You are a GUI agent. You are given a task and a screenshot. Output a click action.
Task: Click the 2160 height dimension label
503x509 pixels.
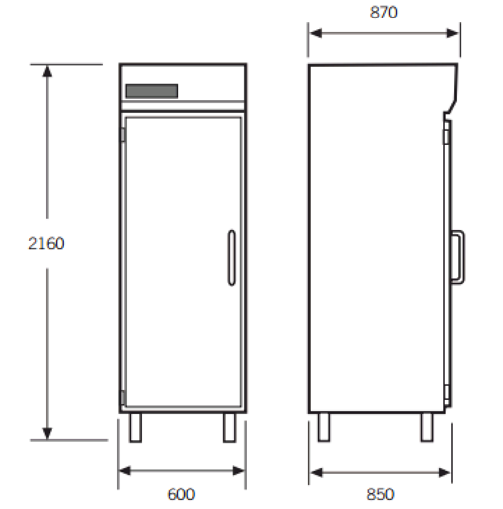pos(47,244)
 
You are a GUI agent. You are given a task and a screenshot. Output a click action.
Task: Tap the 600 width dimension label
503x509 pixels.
pos(181,494)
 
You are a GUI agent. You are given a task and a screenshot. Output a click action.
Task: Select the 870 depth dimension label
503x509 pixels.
pos(384,12)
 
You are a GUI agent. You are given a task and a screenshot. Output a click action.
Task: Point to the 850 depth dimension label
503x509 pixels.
pos(380,494)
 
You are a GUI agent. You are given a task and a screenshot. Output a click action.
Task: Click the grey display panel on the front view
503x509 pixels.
pos(152,91)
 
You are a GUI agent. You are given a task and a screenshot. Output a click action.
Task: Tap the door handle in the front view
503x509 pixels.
pos(232,258)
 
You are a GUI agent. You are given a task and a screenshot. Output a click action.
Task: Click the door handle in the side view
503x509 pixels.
pos(458,257)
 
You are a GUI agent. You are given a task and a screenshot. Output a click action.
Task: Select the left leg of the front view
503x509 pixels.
pos(135,428)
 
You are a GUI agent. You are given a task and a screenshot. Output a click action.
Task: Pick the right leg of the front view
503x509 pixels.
pos(229,428)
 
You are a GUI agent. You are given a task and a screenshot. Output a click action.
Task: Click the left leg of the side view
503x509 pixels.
pos(323,427)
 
